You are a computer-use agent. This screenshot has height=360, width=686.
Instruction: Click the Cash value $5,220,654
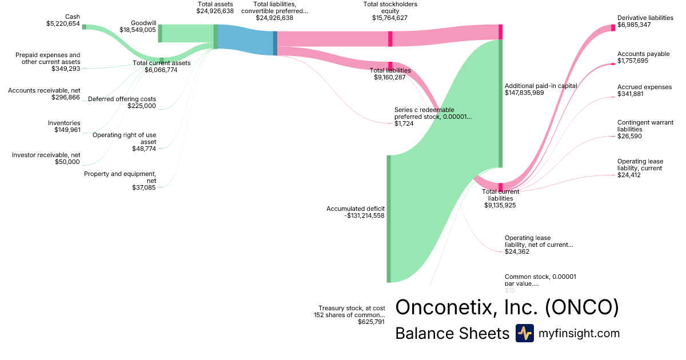coord(63,24)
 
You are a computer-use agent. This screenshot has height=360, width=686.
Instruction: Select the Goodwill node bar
coord(160,33)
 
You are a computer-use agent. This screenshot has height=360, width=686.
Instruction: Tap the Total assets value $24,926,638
coord(215,11)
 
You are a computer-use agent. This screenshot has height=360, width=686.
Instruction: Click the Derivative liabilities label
coord(645,18)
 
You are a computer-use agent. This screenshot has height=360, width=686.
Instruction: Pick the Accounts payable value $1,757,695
coord(633,61)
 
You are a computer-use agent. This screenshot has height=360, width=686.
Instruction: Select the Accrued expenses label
coord(644,87)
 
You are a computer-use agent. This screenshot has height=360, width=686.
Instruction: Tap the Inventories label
coord(64,123)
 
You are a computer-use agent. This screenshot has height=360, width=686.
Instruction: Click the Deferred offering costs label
coord(122,99)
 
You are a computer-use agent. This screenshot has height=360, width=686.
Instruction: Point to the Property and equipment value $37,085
coord(143,187)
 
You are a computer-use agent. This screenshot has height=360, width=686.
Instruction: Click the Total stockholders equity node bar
coord(390,39)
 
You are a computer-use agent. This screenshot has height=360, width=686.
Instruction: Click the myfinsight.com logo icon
coord(524,333)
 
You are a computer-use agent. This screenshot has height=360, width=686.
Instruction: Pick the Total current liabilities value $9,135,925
coord(500,205)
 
